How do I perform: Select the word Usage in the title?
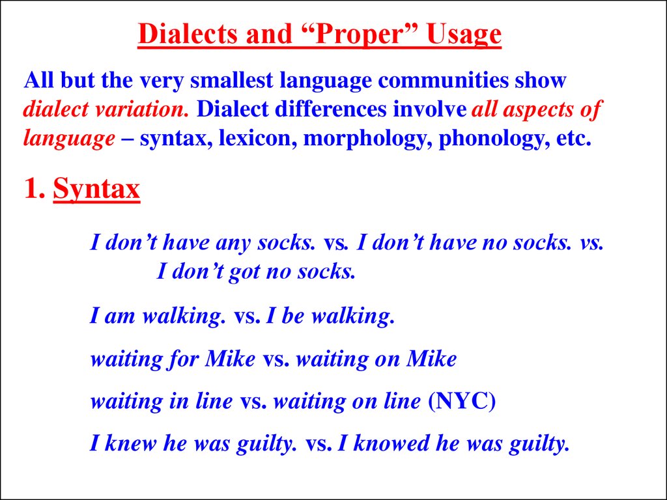pos(464,35)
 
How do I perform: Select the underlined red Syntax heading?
pos(96,189)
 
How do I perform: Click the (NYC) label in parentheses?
pos(462,401)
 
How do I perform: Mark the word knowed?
pos(387,443)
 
